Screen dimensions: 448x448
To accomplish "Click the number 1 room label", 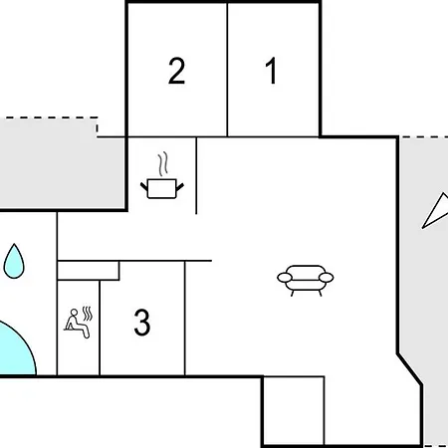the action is click(x=271, y=71).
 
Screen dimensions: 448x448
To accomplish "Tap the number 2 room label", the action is click(x=176, y=71).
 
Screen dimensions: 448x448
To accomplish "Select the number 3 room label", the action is click(x=142, y=322).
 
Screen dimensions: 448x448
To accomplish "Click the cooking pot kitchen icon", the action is click(x=162, y=175).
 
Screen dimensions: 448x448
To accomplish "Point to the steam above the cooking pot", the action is click(x=162, y=164).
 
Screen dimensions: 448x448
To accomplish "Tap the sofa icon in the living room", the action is click(x=306, y=281).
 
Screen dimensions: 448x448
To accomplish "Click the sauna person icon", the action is click(x=79, y=323).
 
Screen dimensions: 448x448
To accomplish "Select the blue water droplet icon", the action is click(x=14, y=261).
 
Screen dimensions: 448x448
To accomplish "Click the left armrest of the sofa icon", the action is click(x=285, y=278).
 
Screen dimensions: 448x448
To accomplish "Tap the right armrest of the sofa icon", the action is click(x=327, y=278).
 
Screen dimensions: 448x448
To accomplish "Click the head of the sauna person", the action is click(x=74, y=313).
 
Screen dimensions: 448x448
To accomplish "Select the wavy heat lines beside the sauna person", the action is click(x=88, y=314).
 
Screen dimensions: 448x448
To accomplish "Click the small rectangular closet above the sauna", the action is click(x=89, y=271).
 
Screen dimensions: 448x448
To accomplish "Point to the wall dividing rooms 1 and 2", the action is click(x=227, y=70).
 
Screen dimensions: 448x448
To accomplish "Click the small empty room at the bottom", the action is click(x=294, y=411).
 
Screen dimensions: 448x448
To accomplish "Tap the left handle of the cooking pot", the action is click(x=144, y=187).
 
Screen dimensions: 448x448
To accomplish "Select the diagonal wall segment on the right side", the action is click(x=410, y=369).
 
